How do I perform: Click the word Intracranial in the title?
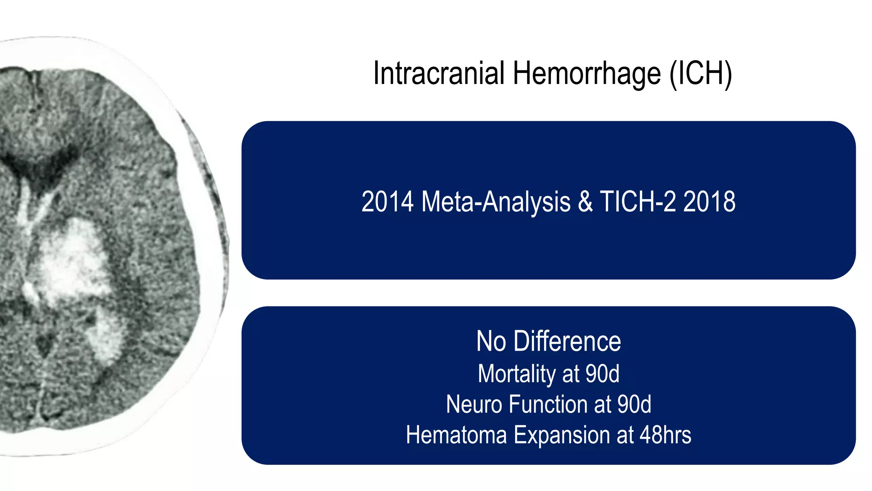pos(439,73)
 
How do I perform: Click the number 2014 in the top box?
pos(387,202)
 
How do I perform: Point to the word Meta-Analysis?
pos(496,202)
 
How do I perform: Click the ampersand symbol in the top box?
pos(585,202)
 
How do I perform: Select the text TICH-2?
pos(637,202)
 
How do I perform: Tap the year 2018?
pos(709,202)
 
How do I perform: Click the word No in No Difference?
pos(491,341)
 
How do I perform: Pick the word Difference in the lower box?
pos(567,341)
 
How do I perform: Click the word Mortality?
pos(516,374)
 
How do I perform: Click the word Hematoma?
pos(456,435)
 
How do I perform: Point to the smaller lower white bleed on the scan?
pos(106,337)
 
